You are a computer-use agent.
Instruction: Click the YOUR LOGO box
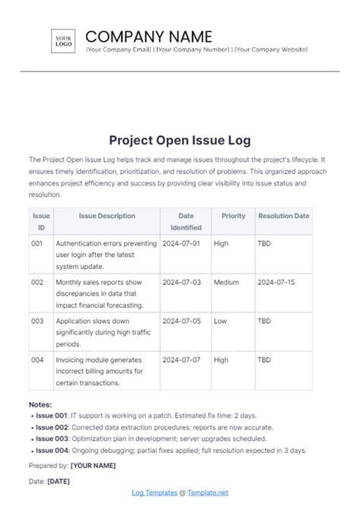click(63, 40)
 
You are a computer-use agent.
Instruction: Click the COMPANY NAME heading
click(149, 36)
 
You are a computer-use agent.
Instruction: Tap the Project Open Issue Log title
click(179, 141)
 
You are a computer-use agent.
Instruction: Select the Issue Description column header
click(106, 216)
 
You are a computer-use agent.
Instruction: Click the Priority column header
click(233, 216)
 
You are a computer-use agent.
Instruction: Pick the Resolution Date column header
click(283, 216)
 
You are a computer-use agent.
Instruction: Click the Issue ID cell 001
click(37, 242)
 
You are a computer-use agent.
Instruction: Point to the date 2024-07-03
click(181, 282)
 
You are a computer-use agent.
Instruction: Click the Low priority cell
click(220, 321)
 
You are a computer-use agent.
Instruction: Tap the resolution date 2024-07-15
click(276, 282)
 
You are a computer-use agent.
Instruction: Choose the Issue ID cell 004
click(37, 360)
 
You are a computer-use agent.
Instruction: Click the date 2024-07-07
click(181, 360)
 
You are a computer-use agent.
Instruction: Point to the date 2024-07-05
click(181, 321)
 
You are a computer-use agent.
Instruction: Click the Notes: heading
click(41, 405)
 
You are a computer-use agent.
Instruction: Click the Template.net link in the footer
click(207, 494)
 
